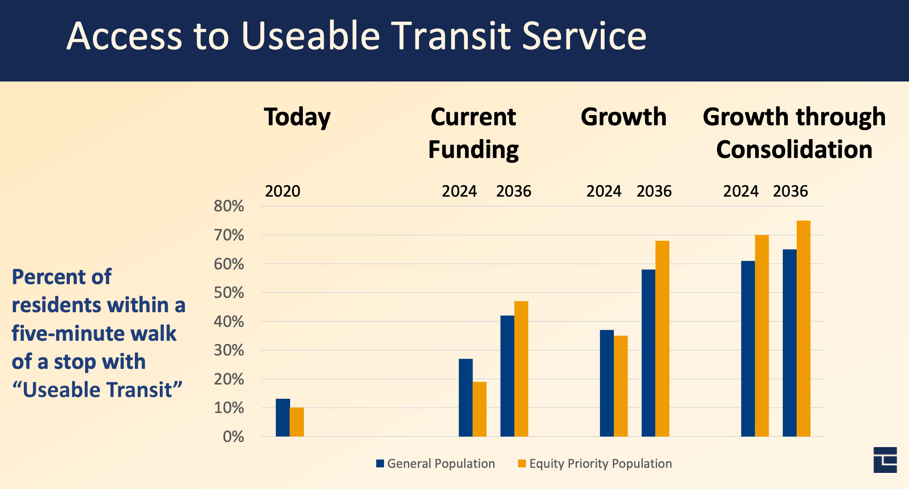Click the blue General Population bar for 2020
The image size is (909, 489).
pyautogui.click(x=283, y=417)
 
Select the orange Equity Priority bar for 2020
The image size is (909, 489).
pyautogui.click(x=297, y=422)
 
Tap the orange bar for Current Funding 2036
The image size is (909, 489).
pyautogui.click(x=521, y=368)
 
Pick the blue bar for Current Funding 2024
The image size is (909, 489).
pyautogui.click(x=466, y=397)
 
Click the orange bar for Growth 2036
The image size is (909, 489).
pyautogui.click(x=662, y=338)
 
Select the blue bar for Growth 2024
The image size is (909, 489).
pyautogui.click(x=606, y=383)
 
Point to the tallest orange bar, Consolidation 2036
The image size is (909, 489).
pyautogui.click(x=804, y=328)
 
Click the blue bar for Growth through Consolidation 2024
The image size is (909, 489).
pyautogui.click(x=748, y=349)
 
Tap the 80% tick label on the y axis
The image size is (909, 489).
pyautogui.click(x=229, y=206)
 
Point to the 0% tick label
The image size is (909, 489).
pyautogui.click(x=233, y=437)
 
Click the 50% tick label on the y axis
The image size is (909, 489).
pyautogui.click(x=229, y=293)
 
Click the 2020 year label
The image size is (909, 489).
pyautogui.click(x=282, y=191)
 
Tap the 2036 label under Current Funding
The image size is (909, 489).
pyautogui.click(x=513, y=191)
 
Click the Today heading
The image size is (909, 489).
pyautogui.click(x=297, y=117)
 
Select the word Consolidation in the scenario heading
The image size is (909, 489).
pyautogui.click(x=794, y=150)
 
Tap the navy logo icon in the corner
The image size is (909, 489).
pyautogui.click(x=885, y=460)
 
